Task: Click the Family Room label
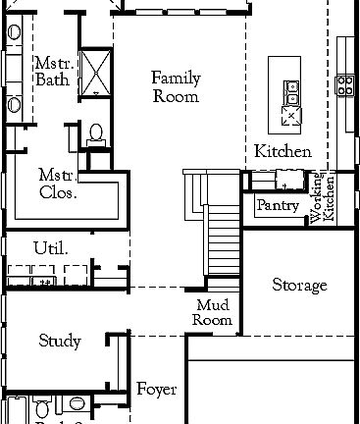pos(176,87)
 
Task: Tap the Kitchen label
pos(283,151)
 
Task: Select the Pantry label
pos(277,206)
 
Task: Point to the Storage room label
pos(299,286)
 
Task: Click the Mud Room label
pos(213,313)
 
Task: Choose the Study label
pos(59,342)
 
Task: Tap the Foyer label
pos(156,390)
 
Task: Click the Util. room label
pos(50,248)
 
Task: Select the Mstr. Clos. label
pos(58,184)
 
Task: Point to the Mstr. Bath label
pos(52,72)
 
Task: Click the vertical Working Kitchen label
pos(323,199)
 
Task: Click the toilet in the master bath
pos(96,133)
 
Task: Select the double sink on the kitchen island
pos(291,92)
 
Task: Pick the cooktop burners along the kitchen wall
pos(345,85)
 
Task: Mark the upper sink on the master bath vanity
pos(14,33)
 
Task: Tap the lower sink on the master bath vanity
pos(14,104)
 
